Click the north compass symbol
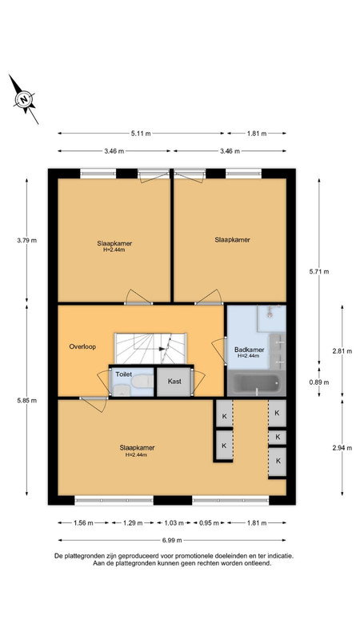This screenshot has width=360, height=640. click(25, 99)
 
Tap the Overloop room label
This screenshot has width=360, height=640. click(82, 347)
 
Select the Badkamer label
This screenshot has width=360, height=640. click(249, 350)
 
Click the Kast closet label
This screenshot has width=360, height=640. click(174, 382)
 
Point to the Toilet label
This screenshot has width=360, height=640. click(124, 374)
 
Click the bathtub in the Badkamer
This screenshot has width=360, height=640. click(256, 383)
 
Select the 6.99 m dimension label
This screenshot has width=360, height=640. click(172, 541)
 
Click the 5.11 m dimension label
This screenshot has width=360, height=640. click(141, 133)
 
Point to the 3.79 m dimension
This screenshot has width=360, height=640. click(27, 241)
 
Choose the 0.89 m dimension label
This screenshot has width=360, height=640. click(319, 382)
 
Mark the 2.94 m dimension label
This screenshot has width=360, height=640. click(342, 448)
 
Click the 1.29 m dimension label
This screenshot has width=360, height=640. click(133, 523)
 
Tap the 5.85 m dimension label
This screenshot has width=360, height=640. click(27, 401)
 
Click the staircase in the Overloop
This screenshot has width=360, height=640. click(150, 348)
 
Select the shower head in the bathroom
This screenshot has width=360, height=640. click(270, 314)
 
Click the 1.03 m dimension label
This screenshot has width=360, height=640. click(174, 523)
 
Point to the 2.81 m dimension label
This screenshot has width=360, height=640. click(342, 350)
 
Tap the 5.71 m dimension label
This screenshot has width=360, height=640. click(319, 271)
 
